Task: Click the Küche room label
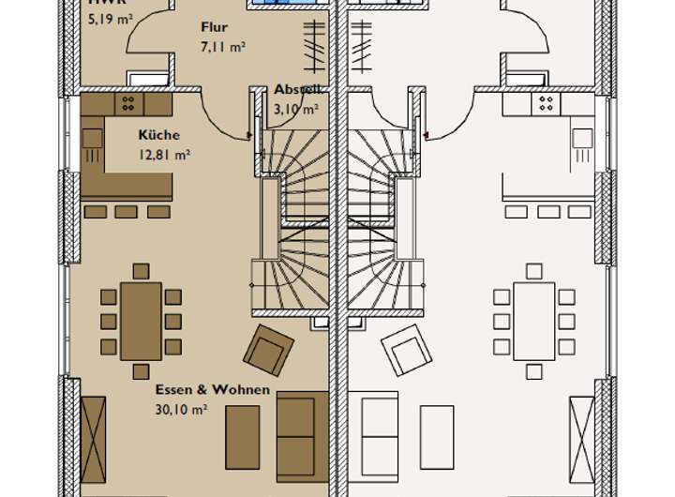[x=158, y=135]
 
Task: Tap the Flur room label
[x=214, y=27]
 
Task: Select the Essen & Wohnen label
[x=213, y=389]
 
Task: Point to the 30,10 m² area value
[x=181, y=409]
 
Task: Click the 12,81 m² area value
[x=164, y=156]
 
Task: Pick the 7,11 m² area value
[x=222, y=46]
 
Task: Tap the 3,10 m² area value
[x=294, y=109]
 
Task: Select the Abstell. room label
[x=298, y=90]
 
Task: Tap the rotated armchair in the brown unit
[x=268, y=350]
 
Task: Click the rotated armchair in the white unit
[x=406, y=351]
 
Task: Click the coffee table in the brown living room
[x=242, y=436]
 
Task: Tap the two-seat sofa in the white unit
[x=380, y=436]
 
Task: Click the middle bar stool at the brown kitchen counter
[x=126, y=212]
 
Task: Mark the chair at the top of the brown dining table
[x=141, y=271]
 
